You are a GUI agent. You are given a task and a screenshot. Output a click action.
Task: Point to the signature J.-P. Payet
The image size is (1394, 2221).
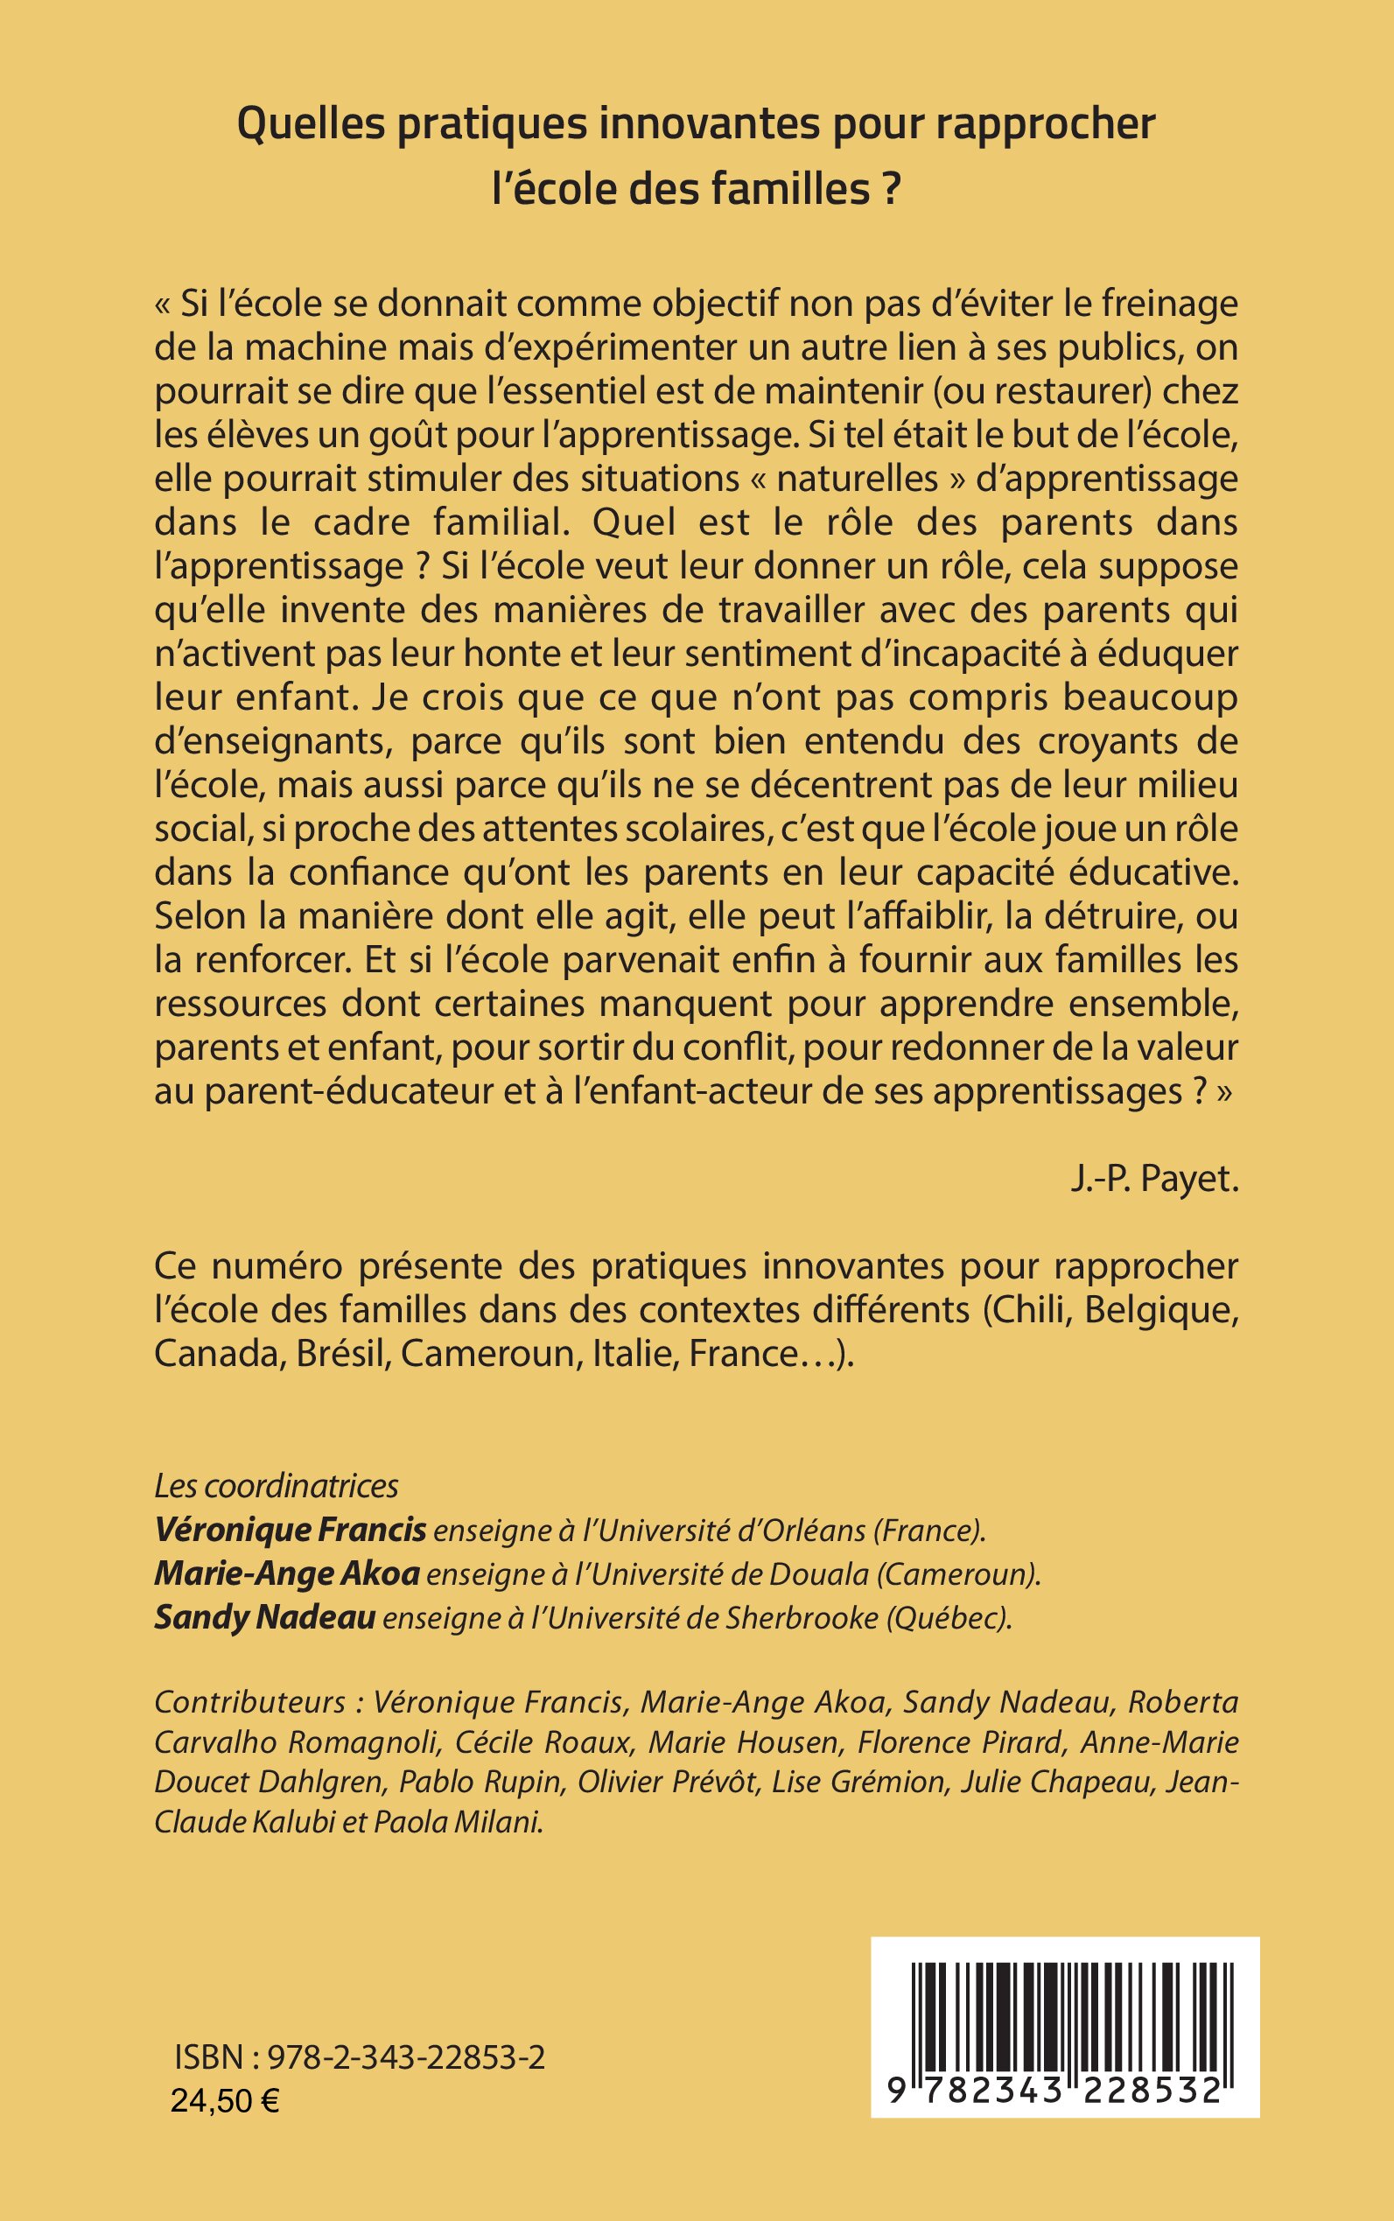[1154, 1181]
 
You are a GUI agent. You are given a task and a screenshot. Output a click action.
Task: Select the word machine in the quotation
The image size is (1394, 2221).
[325, 349]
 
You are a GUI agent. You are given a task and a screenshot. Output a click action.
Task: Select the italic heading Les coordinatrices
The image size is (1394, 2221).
[276, 1486]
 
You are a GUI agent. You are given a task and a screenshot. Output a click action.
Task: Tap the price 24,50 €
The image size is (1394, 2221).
[226, 2101]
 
